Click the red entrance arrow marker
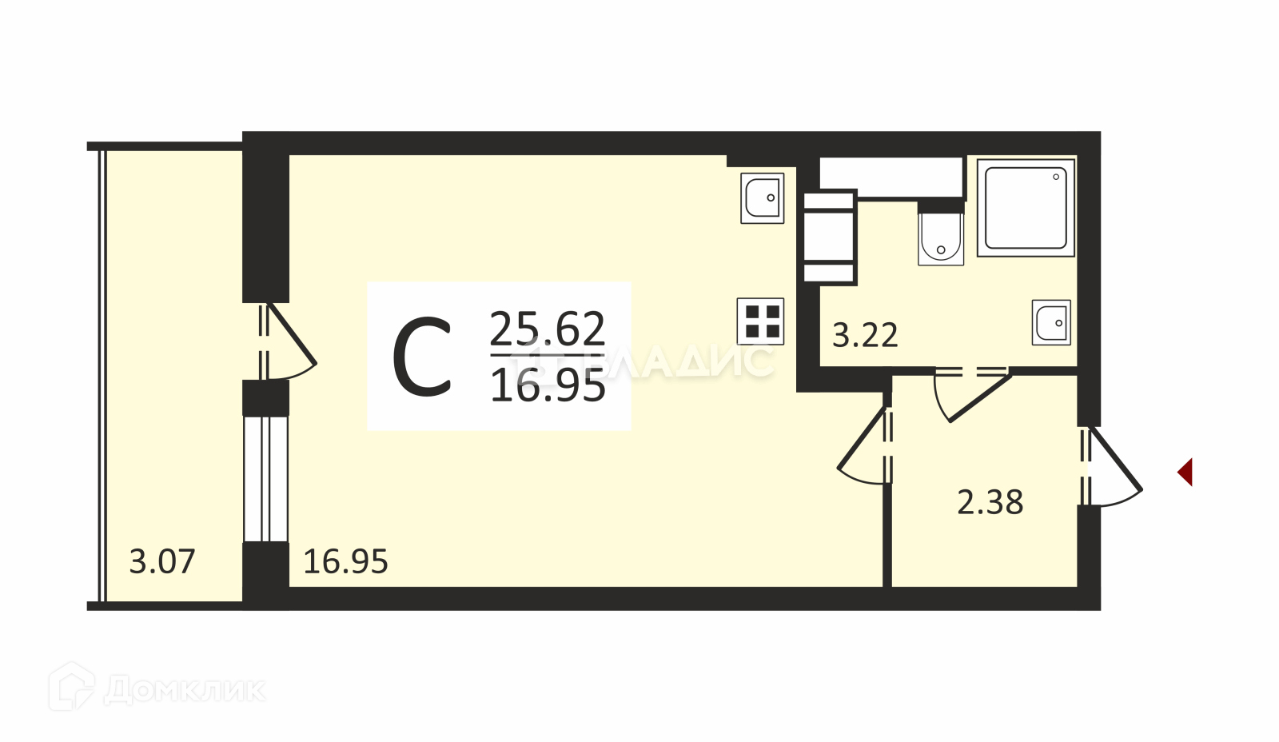coord(1185,472)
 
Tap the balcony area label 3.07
coord(162,561)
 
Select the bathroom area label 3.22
coord(865,335)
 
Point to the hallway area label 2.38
coord(990,502)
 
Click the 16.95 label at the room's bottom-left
coord(345,561)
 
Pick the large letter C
coord(422,357)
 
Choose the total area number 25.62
coord(548,328)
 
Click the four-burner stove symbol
coord(761,321)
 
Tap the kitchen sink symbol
coord(762,197)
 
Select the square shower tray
coord(1026,207)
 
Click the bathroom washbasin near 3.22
coord(1051,323)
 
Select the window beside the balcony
coord(265,478)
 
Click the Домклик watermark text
coord(184,689)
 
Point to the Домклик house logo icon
coord(71,686)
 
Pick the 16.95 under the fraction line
coord(548,386)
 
